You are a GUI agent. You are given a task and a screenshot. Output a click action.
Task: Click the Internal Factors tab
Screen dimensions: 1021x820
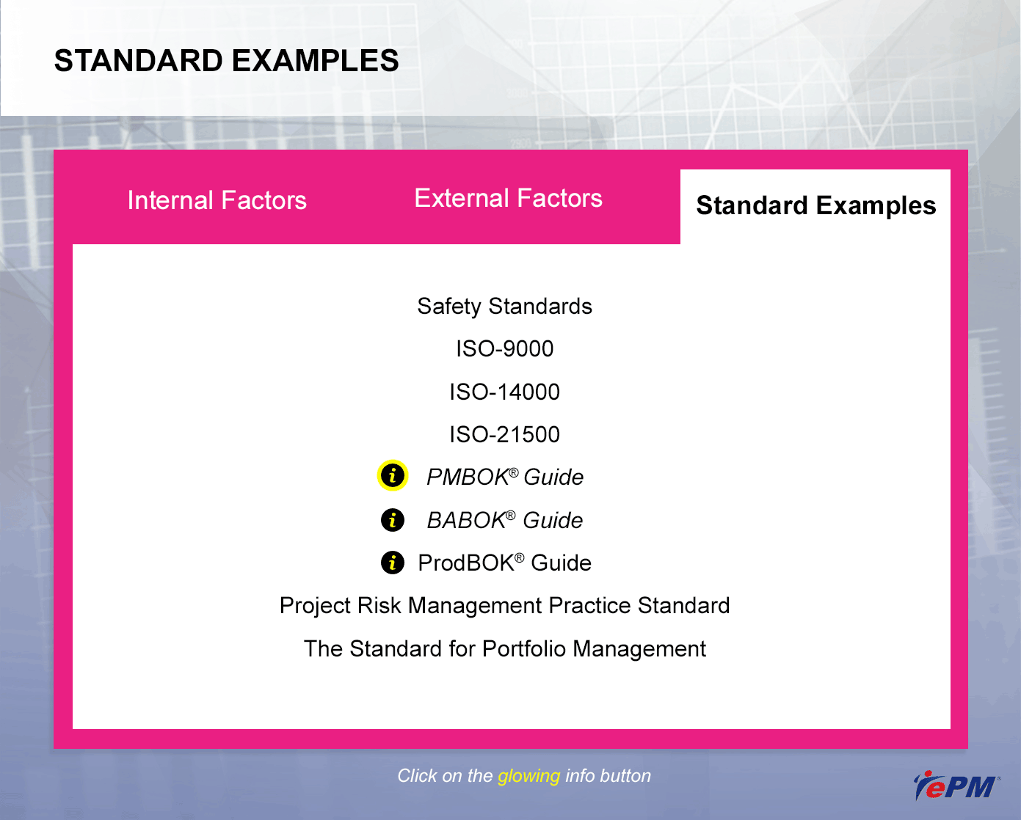click(x=217, y=200)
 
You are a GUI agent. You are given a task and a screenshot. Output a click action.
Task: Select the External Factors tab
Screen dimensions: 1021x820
click(x=508, y=198)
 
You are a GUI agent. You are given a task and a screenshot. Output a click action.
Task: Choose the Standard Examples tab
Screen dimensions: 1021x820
click(x=815, y=206)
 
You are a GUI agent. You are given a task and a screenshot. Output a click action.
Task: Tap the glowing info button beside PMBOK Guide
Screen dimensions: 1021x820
click(x=393, y=475)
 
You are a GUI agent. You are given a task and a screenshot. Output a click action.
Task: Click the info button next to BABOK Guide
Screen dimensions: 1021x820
click(x=393, y=520)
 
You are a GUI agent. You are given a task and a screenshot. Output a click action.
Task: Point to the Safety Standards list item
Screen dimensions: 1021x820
click(x=504, y=307)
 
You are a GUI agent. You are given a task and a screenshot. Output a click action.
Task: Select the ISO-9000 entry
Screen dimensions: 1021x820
click(x=504, y=348)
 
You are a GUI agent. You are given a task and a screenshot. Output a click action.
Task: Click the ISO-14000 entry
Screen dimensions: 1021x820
click(x=504, y=392)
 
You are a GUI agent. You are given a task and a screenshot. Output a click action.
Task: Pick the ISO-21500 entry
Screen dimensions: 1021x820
click(x=504, y=434)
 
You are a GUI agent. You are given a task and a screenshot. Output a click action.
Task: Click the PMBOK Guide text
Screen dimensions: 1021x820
click(x=505, y=477)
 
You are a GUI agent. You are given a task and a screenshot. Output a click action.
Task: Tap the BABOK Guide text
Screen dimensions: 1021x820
click(x=505, y=520)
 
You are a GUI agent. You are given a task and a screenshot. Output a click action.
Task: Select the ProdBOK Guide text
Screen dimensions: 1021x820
click(x=504, y=563)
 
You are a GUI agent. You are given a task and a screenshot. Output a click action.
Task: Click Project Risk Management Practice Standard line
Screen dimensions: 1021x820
click(x=504, y=606)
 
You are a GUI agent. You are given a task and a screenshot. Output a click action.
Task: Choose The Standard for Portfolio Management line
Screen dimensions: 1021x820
click(x=505, y=648)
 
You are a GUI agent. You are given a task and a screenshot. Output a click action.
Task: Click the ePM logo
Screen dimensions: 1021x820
click(x=956, y=786)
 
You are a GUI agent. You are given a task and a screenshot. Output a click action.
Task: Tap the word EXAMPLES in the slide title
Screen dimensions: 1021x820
click(x=315, y=61)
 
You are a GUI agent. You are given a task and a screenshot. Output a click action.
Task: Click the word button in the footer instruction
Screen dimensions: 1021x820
click(x=625, y=776)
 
